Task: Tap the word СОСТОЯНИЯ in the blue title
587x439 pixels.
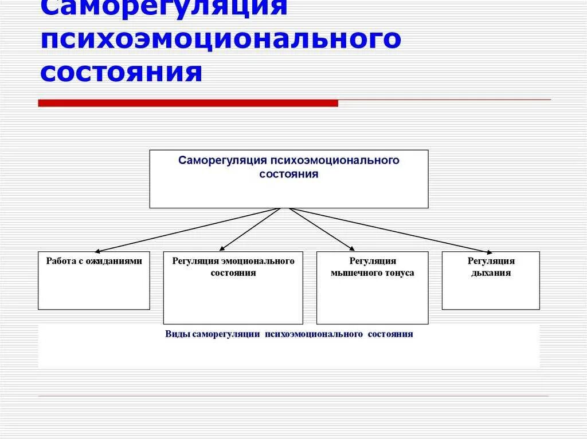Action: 121,73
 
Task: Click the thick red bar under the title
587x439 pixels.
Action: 188,103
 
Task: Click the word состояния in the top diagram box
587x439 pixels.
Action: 288,174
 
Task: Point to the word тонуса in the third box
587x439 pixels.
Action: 401,273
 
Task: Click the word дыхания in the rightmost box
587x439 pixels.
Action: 491,273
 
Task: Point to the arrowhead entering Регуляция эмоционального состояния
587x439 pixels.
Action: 221,249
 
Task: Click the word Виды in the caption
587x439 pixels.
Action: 174,334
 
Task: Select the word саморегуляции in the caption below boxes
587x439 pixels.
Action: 227,334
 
